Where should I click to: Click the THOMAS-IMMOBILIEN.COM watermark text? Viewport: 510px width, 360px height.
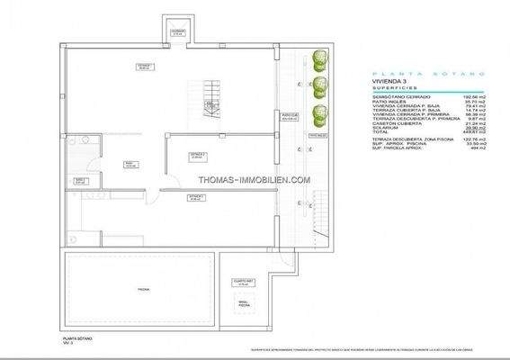point(255,179)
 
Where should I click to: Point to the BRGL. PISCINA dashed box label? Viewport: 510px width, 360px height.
point(242,304)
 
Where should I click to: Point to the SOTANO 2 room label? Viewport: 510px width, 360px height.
point(198,155)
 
